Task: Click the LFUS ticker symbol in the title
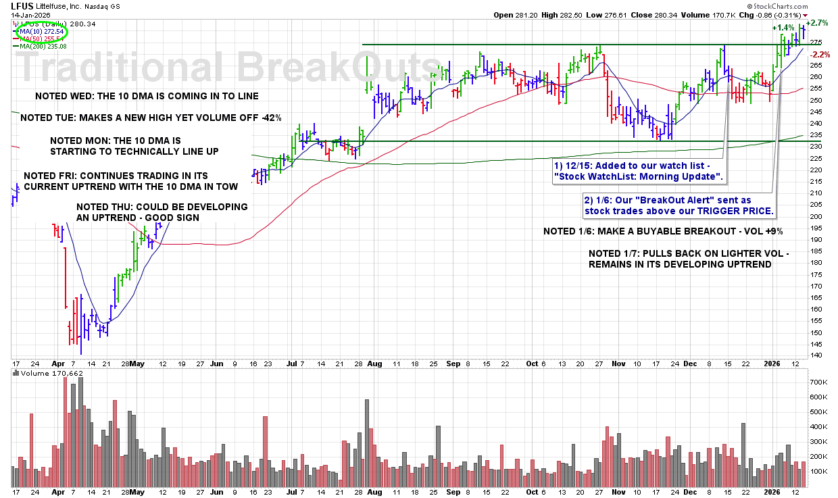tap(23, 6)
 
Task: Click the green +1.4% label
tap(784, 28)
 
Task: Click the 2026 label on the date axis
tap(772, 363)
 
